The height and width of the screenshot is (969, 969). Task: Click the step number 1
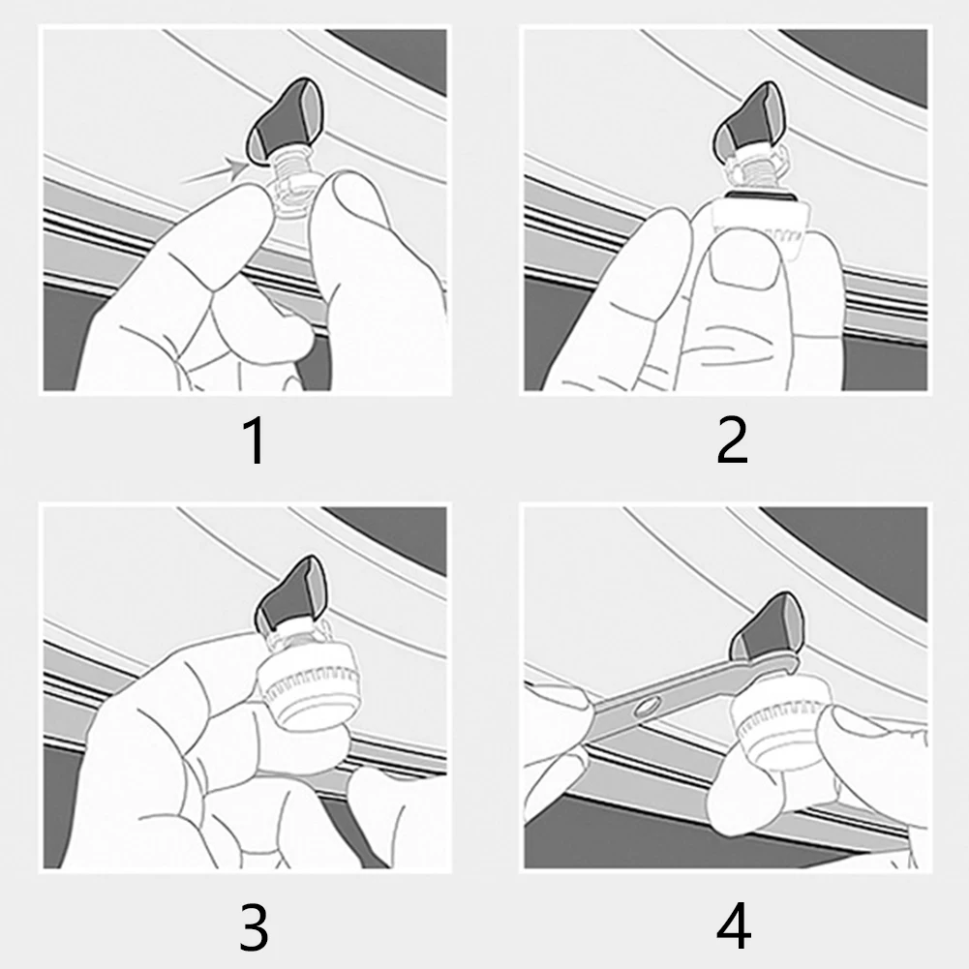click(x=254, y=443)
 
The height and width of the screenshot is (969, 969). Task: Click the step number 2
click(x=732, y=442)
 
